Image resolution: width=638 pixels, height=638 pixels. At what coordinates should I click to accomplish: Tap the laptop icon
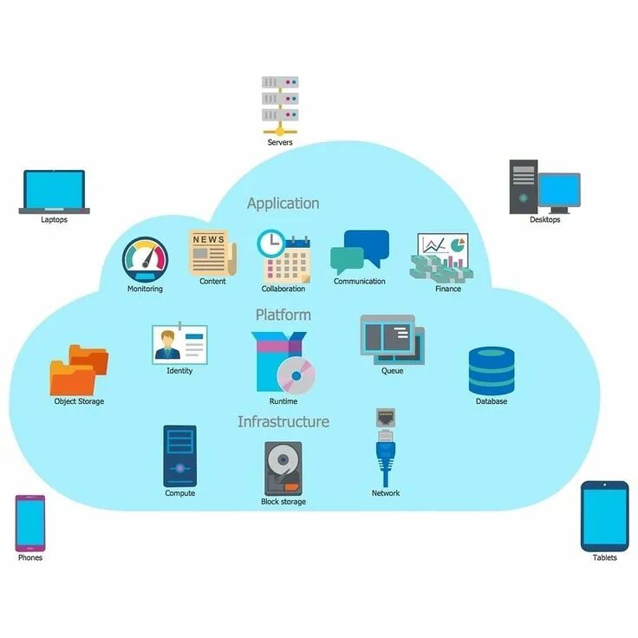[54, 192]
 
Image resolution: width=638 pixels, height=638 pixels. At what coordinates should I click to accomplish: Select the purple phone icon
[29, 523]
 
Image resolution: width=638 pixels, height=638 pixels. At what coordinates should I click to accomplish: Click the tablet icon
[604, 516]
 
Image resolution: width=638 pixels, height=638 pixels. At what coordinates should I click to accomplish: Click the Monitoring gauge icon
[145, 259]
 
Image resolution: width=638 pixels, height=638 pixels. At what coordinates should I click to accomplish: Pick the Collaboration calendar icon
[284, 256]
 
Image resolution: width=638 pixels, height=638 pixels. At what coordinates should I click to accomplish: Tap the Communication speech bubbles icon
[360, 252]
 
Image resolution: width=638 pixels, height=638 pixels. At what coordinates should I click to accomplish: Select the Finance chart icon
[443, 256]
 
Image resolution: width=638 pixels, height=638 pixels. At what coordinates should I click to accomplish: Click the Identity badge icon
[179, 343]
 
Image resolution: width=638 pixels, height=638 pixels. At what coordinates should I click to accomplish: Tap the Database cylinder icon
[492, 371]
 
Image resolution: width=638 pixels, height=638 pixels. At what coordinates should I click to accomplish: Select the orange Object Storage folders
[79, 370]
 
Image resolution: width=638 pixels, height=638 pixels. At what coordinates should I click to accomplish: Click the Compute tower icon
[179, 455]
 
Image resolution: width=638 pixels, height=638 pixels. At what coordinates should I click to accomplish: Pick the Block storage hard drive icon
[283, 468]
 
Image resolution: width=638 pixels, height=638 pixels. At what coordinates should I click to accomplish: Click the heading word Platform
[283, 314]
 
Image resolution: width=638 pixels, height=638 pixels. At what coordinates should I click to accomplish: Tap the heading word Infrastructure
[283, 421]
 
